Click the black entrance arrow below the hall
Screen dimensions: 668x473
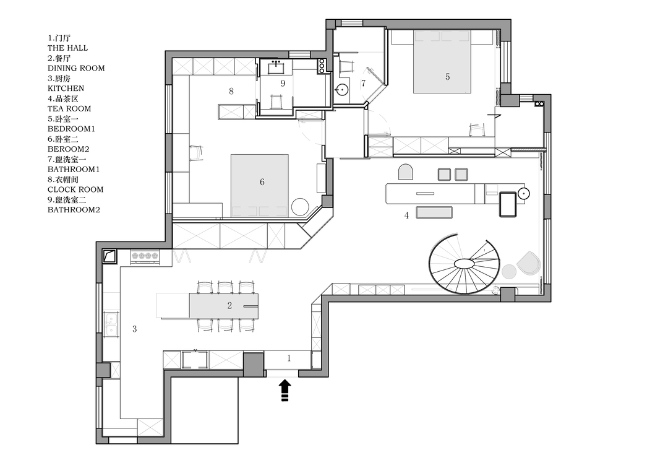coord(285,391)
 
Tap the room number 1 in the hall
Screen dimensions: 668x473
coord(289,358)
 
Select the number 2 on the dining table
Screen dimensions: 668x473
coord(229,305)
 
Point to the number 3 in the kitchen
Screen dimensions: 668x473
coord(135,329)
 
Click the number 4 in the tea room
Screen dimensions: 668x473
coord(406,215)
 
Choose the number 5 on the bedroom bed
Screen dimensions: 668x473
coord(447,77)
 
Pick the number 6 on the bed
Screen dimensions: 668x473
coord(262,182)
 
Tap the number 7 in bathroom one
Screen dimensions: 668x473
coord(363,83)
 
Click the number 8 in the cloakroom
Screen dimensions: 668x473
coord(231,91)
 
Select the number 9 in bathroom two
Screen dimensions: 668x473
coord(283,83)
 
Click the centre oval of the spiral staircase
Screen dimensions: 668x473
coord(466,264)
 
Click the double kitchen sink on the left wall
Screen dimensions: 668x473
coord(111,324)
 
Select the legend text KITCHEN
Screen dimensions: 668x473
coord(66,89)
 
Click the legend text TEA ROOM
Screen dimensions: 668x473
coord(69,109)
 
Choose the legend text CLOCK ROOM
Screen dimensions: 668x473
coord(75,189)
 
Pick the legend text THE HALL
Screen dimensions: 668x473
coord(68,48)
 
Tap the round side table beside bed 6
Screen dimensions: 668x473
coord(301,207)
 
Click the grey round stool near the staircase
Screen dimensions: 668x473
coord(508,271)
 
